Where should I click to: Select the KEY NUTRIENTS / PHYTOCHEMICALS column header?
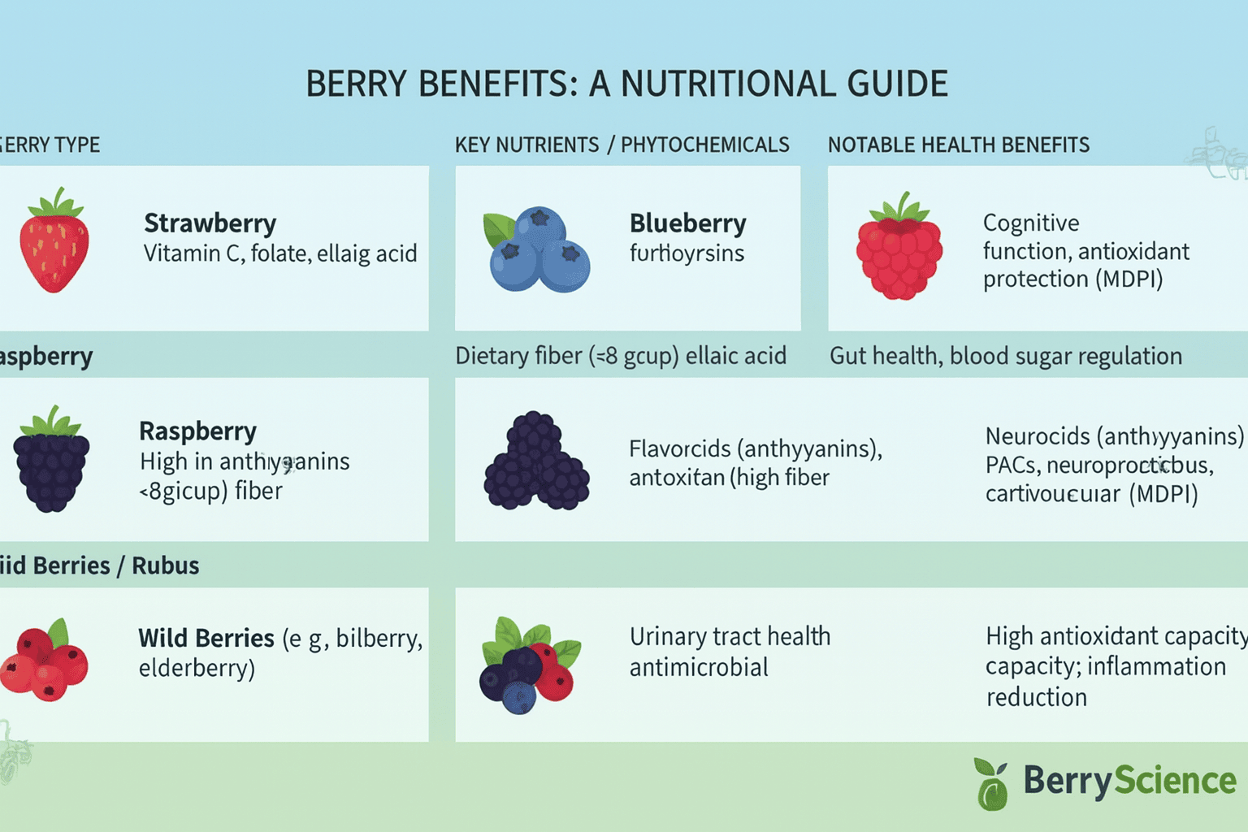tap(622, 145)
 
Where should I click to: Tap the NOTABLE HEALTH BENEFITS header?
tap(958, 145)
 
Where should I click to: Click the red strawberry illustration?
tap(54, 248)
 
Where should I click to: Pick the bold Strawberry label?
tap(210, 223)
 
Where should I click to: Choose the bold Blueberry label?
tap(687, 223)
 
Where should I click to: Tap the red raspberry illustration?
tap(899, 252)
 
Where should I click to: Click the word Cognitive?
tap(1031, 223)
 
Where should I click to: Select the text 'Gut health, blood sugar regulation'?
tap(1005, 356)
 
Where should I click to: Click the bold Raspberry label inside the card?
tap(197, 431)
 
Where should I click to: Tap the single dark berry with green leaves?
tap(51, 461)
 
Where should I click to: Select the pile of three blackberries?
tap(536, 463)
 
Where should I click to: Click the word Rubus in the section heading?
tap(165, 565)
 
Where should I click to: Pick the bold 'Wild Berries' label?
tap(206, 639)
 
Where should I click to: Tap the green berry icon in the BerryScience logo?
tap(992, 785)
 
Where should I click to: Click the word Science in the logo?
tap(1175, 780)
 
